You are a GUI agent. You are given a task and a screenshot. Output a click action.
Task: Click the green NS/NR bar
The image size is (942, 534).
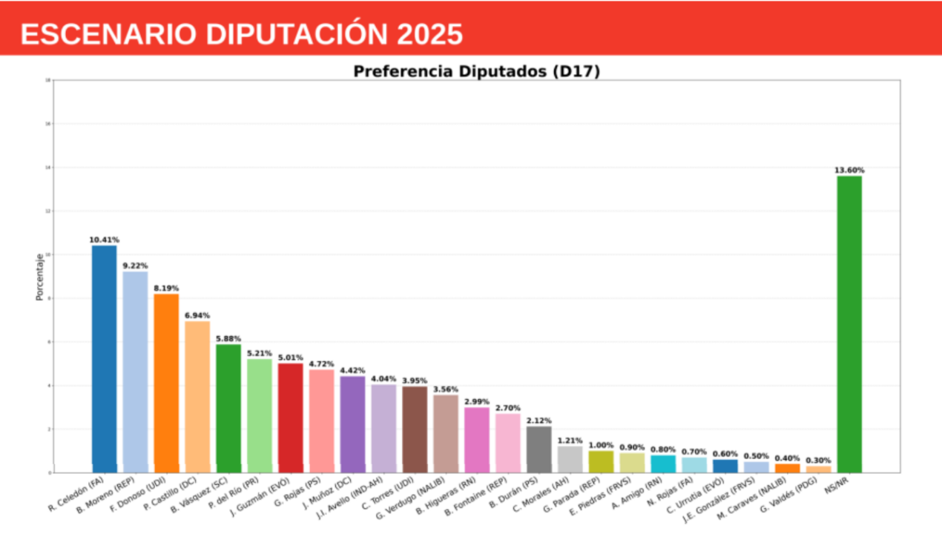(x=849, y=324)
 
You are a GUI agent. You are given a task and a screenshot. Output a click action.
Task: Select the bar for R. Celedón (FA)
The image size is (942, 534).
(x=104, y=359)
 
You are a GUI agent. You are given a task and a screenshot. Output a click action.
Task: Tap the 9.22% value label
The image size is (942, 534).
(x=135, y=266)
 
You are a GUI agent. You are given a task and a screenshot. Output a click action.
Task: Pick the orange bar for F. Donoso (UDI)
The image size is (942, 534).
(x=166, y=383)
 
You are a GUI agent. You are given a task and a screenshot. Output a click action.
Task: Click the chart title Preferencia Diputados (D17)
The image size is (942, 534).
(x=476, y=71)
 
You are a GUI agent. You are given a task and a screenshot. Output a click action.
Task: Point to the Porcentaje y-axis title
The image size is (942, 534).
(x=40, y=277)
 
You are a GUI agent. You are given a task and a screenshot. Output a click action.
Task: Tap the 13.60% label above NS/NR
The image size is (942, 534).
(x=849, y=170)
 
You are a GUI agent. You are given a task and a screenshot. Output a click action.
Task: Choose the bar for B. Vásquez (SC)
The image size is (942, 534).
(x=228, y=408)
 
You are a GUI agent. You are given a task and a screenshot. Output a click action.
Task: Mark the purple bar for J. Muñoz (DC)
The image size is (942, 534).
(x=352, y=424)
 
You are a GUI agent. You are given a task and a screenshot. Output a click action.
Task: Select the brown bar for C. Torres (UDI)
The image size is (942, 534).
(x=415, y=429)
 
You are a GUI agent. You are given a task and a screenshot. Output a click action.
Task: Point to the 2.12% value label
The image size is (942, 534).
(x=538, y=421)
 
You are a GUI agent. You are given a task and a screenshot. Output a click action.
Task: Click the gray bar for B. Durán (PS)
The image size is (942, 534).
(x=538, y=449)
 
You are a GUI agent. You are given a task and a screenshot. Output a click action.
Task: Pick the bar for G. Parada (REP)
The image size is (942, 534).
(x=601, y=461)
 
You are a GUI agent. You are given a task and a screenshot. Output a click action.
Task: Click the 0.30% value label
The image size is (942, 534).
(x=818, y=460)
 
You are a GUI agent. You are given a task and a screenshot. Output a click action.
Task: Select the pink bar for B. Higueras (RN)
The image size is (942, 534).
(x=477, y=440)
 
